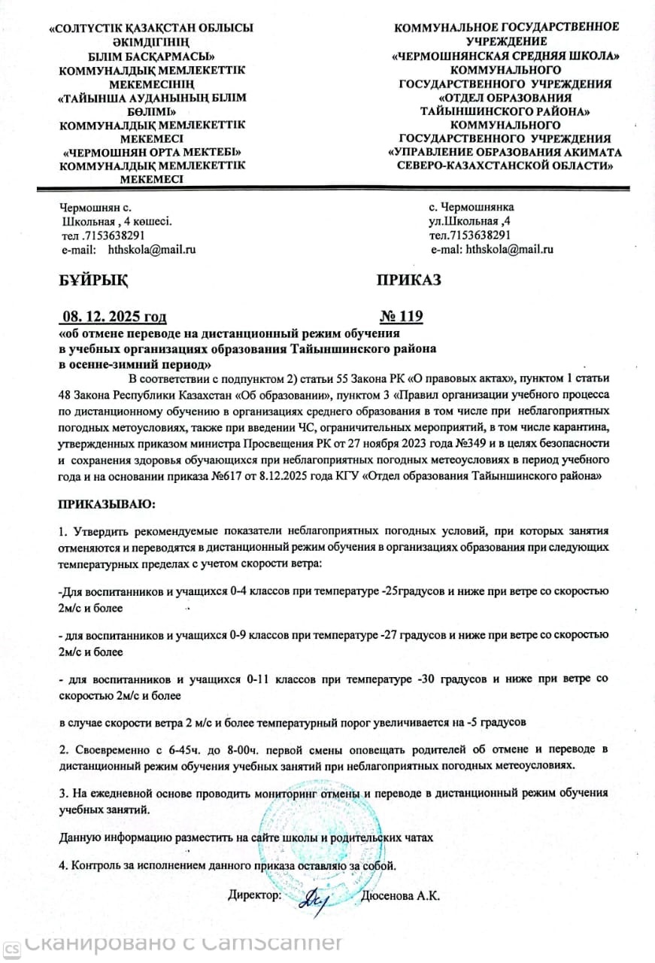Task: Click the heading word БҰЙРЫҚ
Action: tap(92, 281)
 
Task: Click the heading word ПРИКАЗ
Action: tap(409, 281)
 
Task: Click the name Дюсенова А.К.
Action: tap(400, 896)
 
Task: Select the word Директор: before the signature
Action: tap(255, 896)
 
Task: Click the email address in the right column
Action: tap(510, 249)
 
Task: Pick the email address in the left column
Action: tap(151, 249)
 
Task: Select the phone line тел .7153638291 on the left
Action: tap(102, 235)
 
